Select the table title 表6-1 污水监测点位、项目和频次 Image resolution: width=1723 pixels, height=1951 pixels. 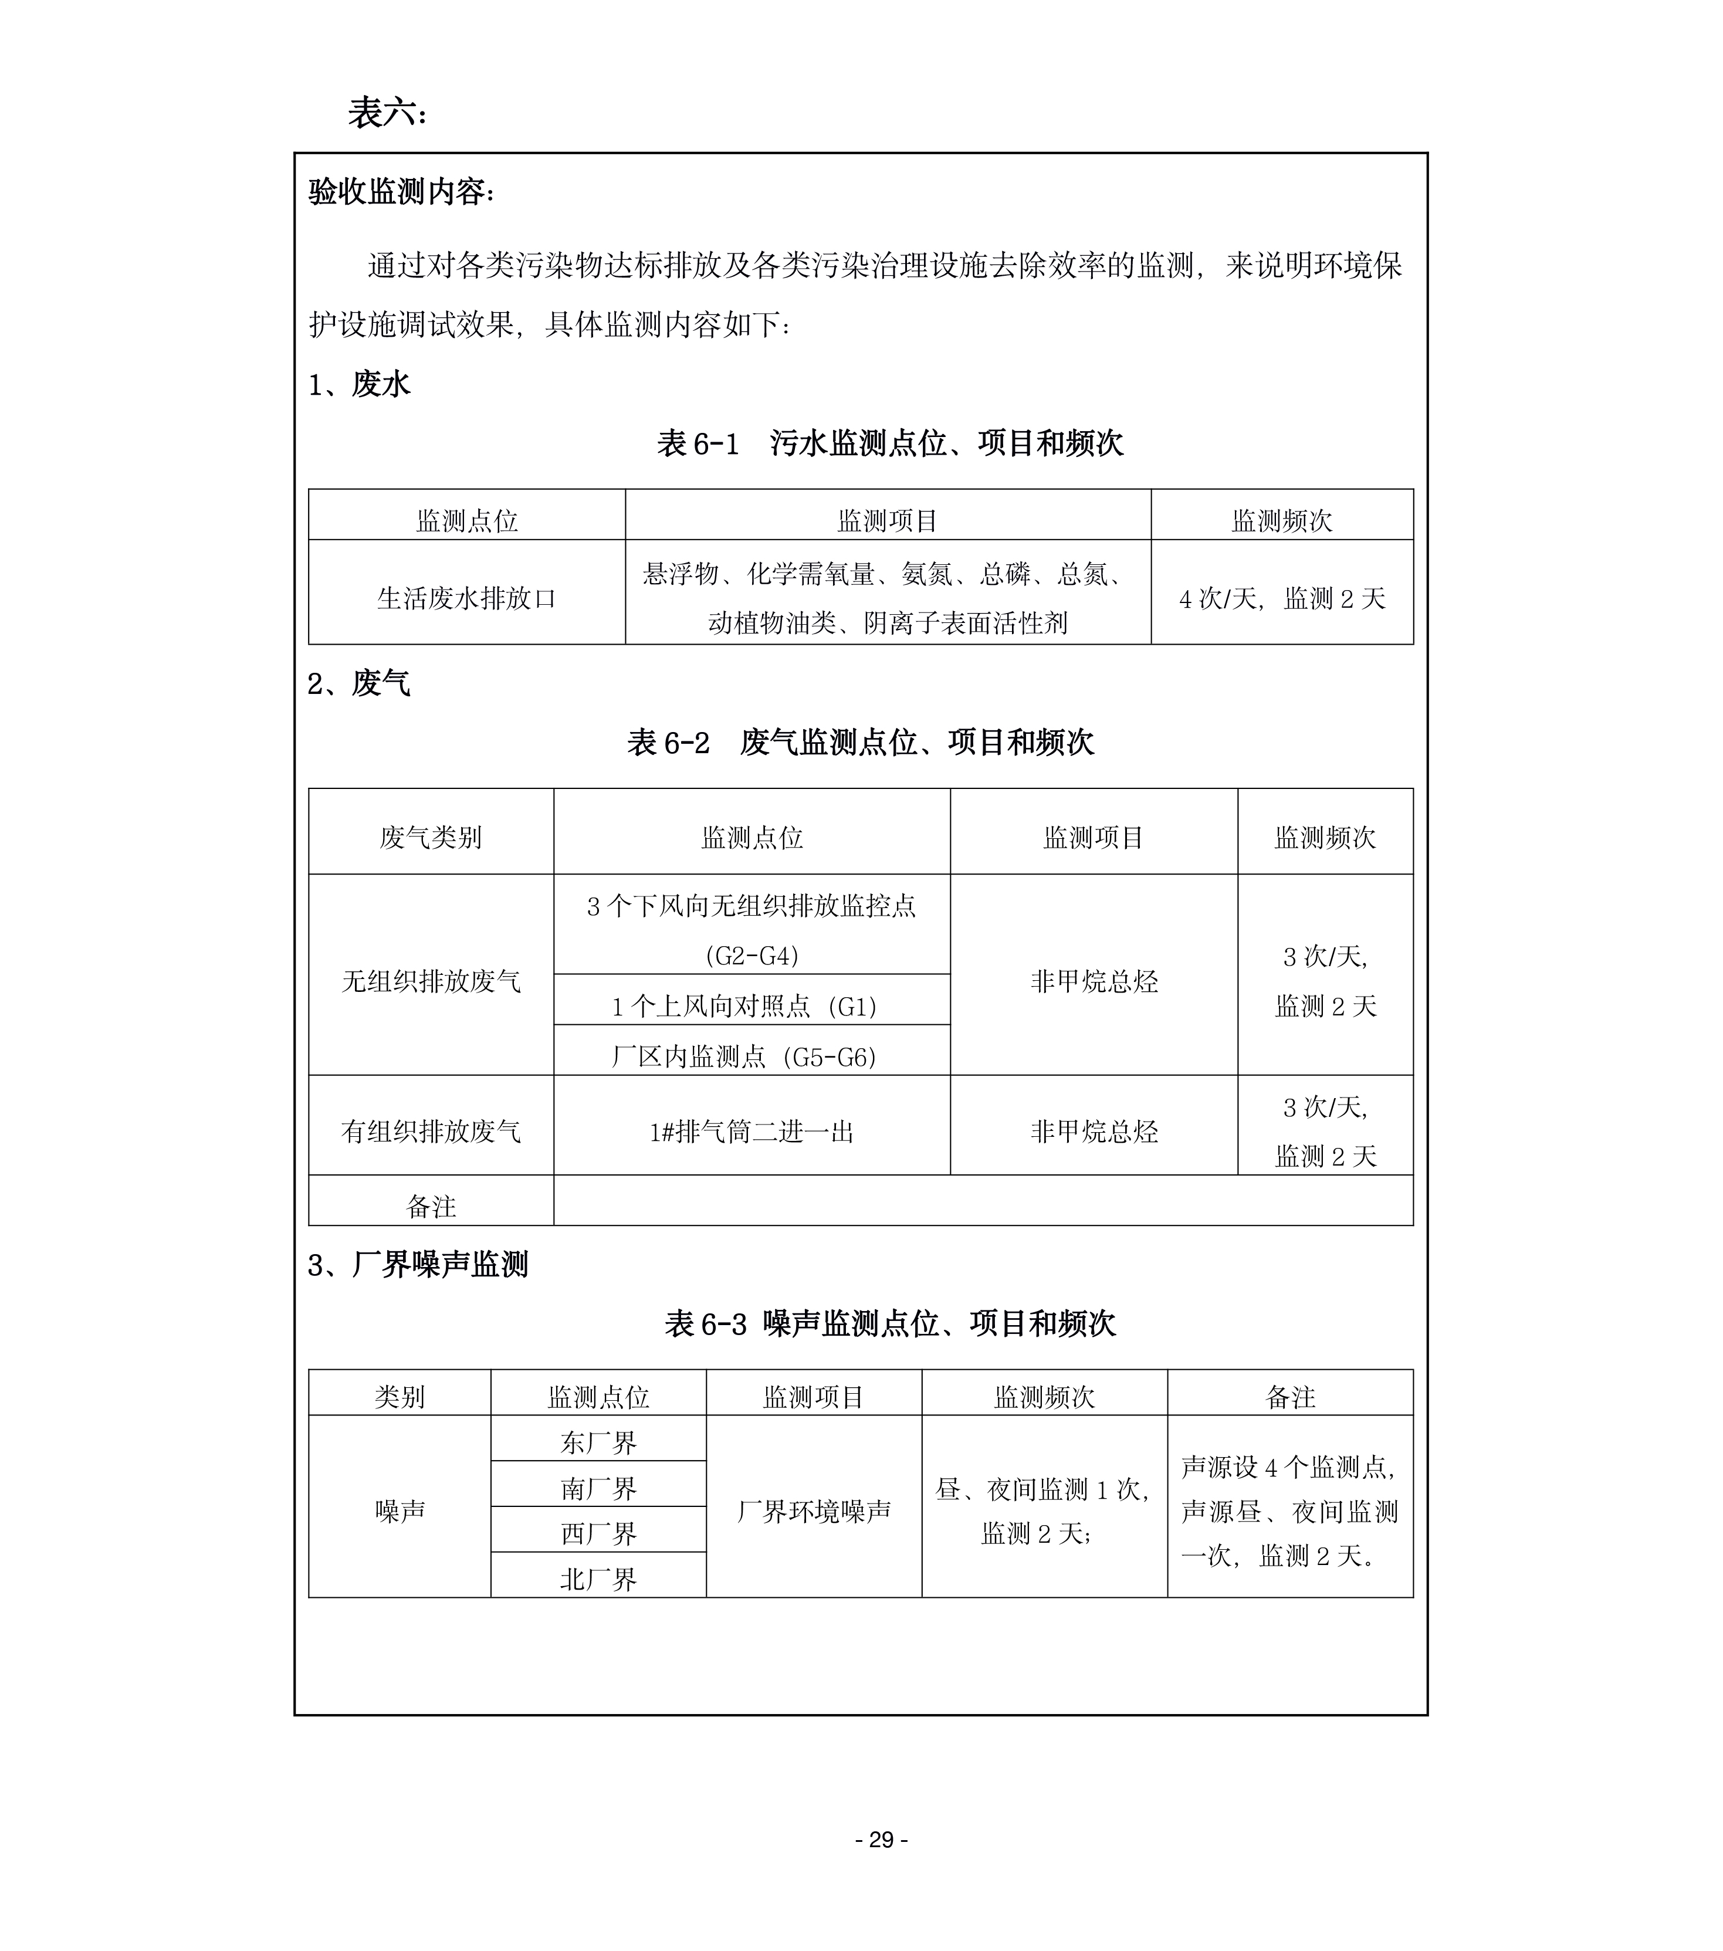[x=890, y=444]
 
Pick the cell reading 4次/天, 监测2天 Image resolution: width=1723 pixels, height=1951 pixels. [x=1281, y=598]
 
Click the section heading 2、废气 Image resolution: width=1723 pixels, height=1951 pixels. [x=359, y=683]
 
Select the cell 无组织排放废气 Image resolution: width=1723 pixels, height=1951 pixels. [x=431, y=981]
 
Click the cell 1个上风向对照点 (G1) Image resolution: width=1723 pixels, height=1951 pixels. [x=752, y=1006]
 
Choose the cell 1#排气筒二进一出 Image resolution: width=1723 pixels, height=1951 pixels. [x=752, y=1132]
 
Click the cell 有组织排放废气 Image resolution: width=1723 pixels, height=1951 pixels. [x=431, y=1132]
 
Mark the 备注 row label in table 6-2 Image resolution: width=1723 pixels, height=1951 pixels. [x=431, y=1207]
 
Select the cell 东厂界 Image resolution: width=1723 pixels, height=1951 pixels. [x=598, y=1442]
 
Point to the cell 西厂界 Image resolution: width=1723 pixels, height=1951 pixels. [x=598, y=1534]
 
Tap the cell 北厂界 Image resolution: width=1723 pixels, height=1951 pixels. [x=598, y=1580]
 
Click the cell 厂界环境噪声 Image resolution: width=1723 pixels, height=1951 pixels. [x=813, y=1511]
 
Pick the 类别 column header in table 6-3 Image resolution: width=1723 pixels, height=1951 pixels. [x=399, y=1397]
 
